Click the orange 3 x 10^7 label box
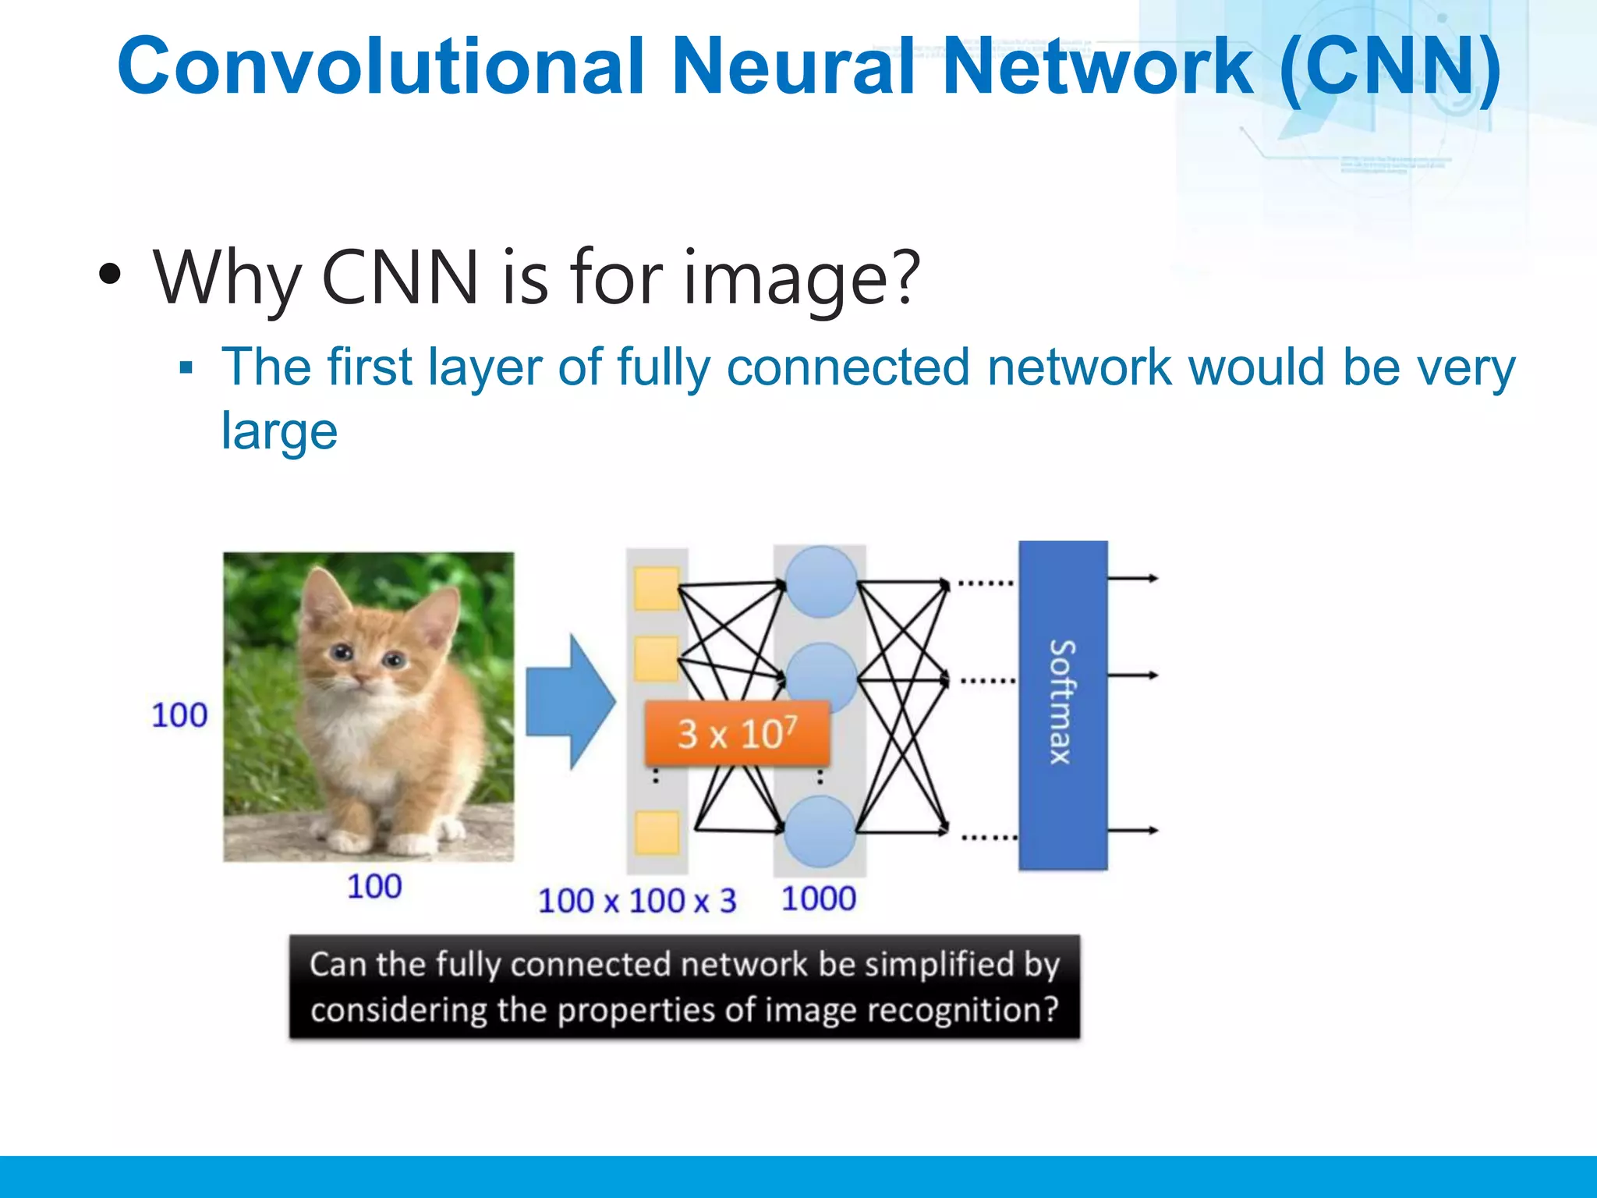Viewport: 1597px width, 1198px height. click(x=737, y=734)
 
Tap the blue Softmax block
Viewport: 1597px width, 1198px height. click(x=1063, y=704)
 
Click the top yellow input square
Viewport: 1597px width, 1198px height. click(x=657, y=589)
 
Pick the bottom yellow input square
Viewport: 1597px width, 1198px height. click(x=657, y=832)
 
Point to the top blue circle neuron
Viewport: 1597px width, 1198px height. click(x=820, y=582)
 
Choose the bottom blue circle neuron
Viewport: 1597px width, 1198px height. click(x=820, y=831)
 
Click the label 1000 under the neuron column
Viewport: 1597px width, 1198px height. click(x=819, y=898)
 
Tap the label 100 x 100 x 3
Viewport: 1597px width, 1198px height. click(x=637, y=901)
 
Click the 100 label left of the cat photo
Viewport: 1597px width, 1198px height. click(x=179, y=715)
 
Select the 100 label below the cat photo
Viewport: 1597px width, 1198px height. click(x=374, y=887)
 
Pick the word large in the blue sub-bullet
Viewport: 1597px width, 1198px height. click(x=279, y=431)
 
